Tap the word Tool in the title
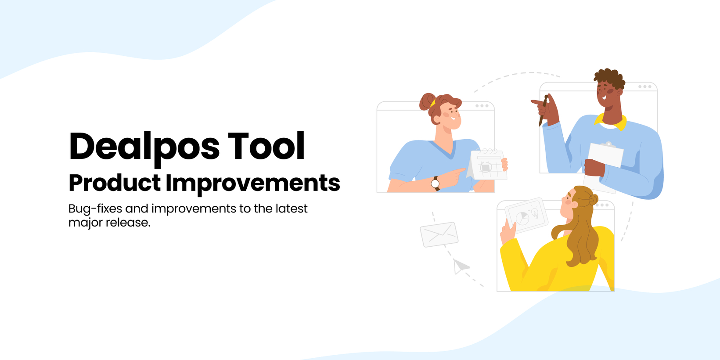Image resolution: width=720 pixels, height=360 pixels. point(266,146)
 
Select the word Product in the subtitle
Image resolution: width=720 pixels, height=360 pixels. point(115,183)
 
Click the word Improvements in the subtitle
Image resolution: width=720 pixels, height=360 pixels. point(253,184)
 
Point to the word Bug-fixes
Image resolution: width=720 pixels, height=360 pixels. point(95,209)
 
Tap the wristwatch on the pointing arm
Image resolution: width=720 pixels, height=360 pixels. point(436,184)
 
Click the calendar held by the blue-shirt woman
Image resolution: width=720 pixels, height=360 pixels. point(486,164)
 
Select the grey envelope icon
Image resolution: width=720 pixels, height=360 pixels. point(439,234)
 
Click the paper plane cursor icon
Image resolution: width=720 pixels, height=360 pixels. point(460,266)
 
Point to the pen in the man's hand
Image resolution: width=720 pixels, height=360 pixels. point(543,110)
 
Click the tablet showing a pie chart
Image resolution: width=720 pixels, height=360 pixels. point(526,215)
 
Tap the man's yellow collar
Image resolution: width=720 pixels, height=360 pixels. point(611,122)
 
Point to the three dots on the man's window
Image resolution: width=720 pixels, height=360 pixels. point(645,87)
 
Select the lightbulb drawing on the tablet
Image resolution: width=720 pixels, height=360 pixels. point(534,212)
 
